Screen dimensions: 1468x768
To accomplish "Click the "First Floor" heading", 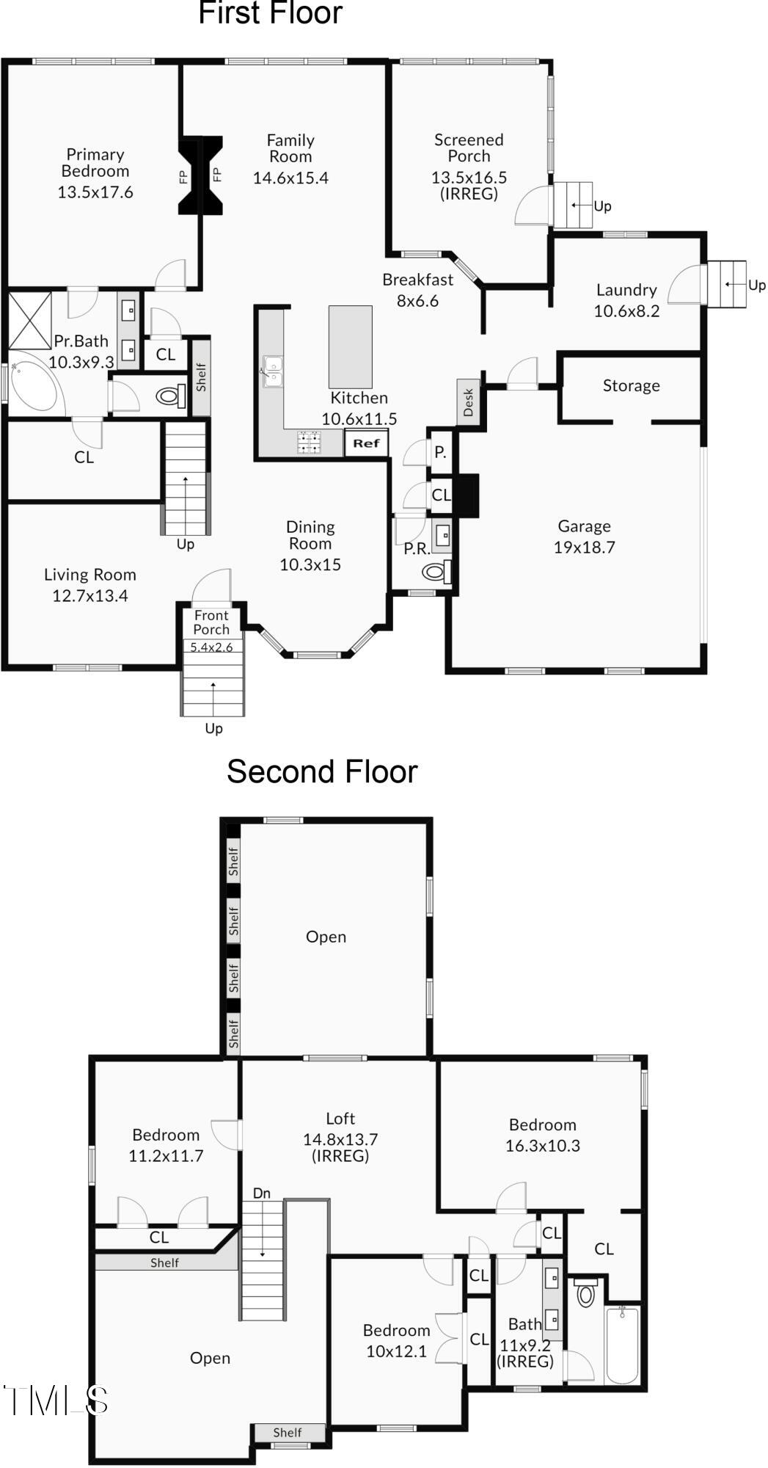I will click(270, 13).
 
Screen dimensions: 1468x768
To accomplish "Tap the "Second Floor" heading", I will click(322, 771).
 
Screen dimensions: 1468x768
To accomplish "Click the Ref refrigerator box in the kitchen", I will click(366, 443).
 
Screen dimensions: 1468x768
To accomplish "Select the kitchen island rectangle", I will click(350, 346).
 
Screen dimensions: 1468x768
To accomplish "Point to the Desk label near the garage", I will click(468, 402).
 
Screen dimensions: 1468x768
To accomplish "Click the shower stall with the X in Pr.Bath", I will click(30, 320).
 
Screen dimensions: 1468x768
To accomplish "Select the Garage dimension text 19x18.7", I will click(584, 548).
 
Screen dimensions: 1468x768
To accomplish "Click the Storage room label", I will click(631, 386).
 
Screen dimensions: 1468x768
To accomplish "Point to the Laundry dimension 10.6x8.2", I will click(626, 311).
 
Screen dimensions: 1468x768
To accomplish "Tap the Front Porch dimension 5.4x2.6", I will click(211, 647).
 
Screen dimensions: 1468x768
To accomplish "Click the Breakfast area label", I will click(417, 280).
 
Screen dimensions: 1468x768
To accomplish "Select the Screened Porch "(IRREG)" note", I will click(469, 194).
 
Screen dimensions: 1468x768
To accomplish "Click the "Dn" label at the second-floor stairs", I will click(262, 1193).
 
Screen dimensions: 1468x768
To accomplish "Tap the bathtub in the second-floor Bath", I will click(622, 1345).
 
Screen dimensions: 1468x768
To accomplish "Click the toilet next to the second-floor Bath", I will click(585, 1294).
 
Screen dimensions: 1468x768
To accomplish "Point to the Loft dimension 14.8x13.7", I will click(340, 1139).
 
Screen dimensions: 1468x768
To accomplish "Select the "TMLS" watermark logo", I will click(56, 1400).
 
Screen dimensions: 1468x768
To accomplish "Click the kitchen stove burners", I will click(309, 443).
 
